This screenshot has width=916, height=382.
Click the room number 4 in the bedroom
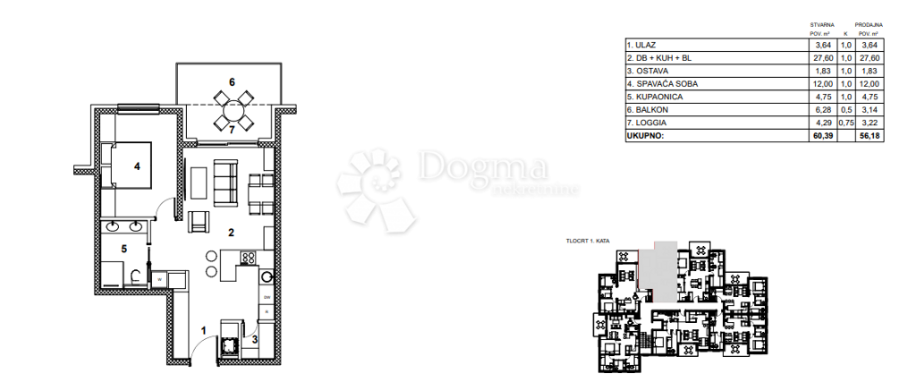tap(138, 166)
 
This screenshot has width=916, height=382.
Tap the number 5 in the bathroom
tap(124, 250)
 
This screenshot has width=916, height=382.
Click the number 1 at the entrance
tap(202, 332)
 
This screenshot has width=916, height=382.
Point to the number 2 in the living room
tap(231, 233)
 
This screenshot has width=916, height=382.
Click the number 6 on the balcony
tap(232, 82)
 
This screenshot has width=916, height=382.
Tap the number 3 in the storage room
tap(254, 339)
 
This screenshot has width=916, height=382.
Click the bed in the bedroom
tap(126, 167)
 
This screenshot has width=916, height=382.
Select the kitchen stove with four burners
tap(248, 259)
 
